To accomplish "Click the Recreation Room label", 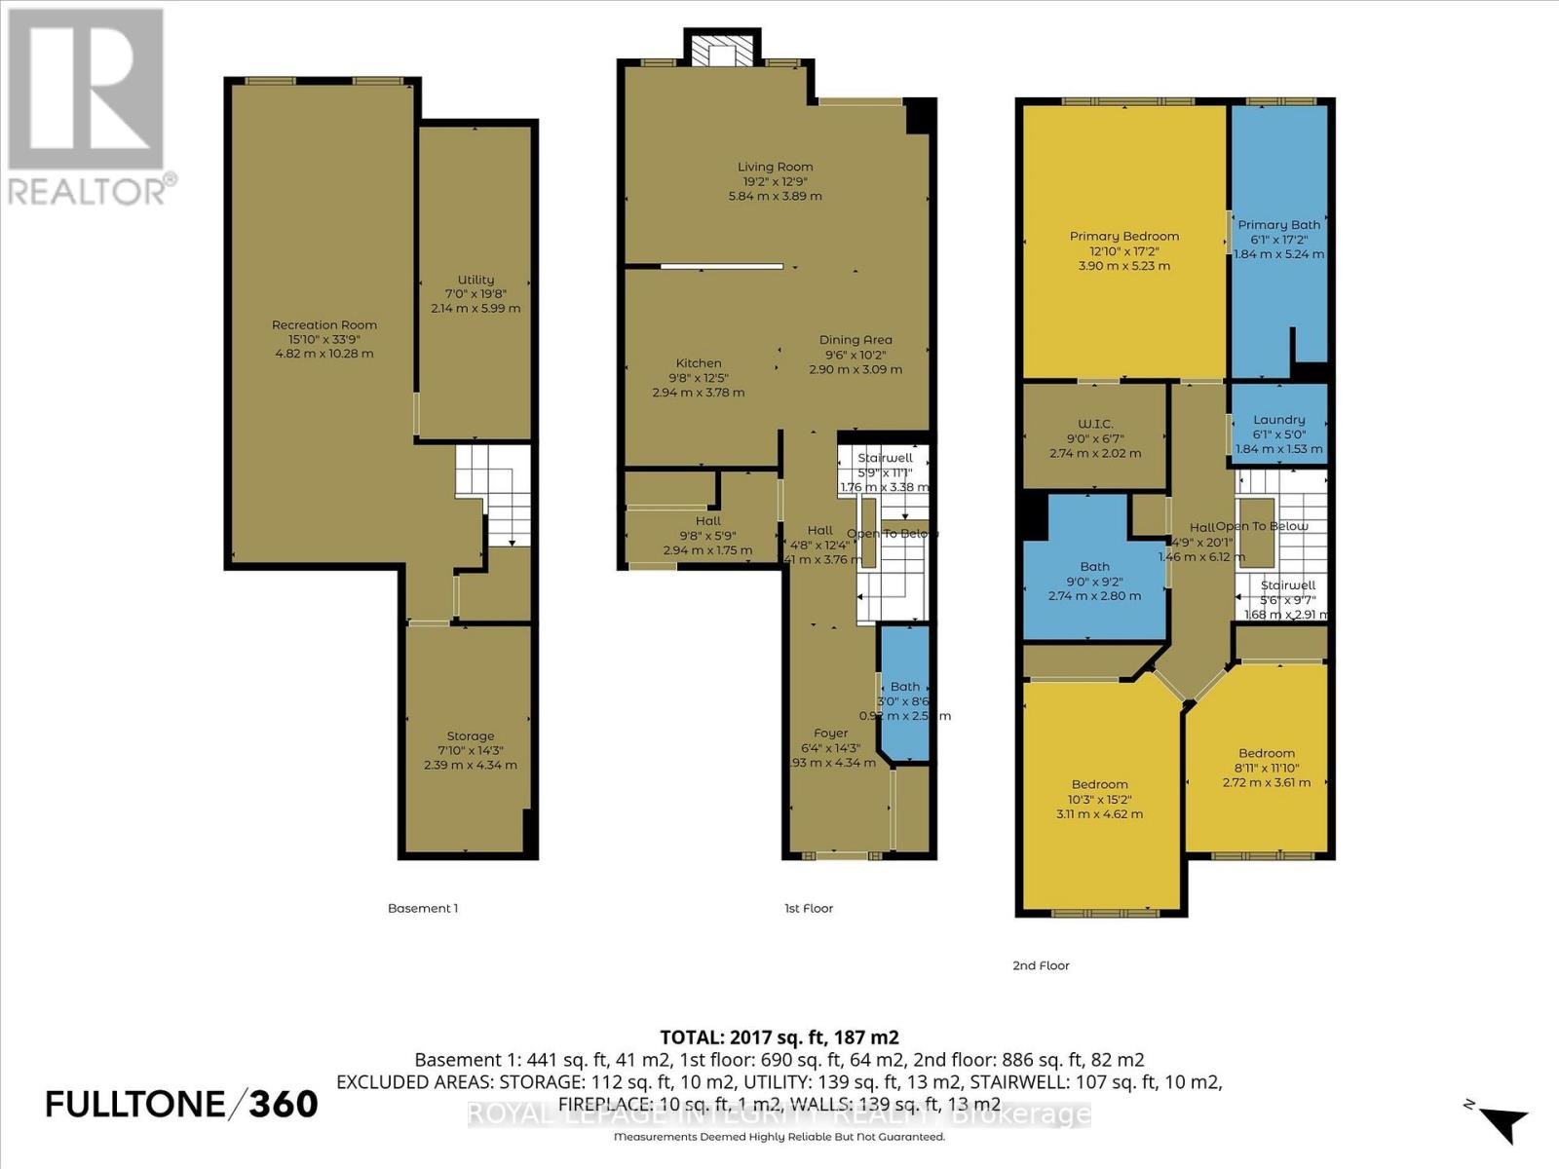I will click(323, 325).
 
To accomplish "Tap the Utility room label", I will click(475, 280).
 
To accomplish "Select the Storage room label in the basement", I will click(471, 736).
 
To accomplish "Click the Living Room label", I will click(775, 167).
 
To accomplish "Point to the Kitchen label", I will click(699, 363).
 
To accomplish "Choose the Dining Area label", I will click(856, 340).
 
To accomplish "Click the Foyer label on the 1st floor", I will click(831, 734).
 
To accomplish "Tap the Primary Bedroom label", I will click(1123, 236).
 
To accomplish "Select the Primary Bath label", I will click(1278, 225).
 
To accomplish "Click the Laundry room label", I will click(1278, 420).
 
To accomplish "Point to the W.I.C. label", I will click(1095, 424).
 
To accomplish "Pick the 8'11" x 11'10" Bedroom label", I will click(1267, 753).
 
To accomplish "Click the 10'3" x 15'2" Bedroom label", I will click(1099, 784).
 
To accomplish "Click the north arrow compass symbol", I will click(1501, 1120).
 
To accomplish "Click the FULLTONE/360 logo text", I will click(182, 1104).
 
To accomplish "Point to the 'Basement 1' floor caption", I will click(423, 908).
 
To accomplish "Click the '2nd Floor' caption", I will click(1041, 965).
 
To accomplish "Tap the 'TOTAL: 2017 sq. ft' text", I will click(779, 1037).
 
